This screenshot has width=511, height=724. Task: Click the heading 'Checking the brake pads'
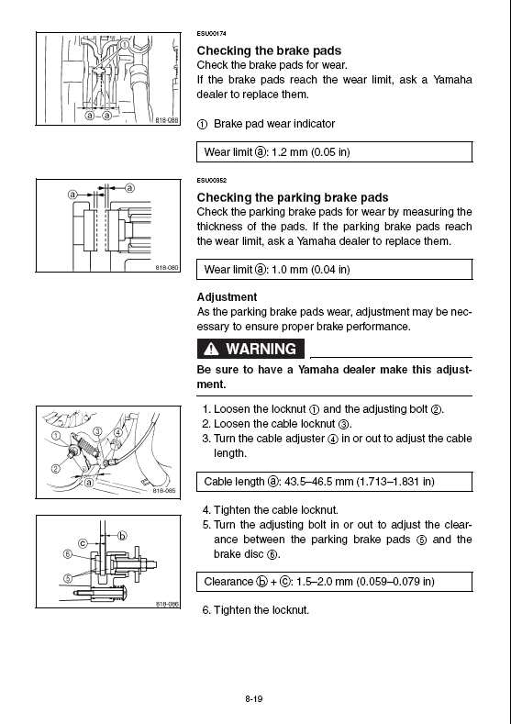click(269, 50)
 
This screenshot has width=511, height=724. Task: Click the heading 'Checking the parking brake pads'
click(293, 197)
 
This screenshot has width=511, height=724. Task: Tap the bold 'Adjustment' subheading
click(227, 297)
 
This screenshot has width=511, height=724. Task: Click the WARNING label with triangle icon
click(250, 349)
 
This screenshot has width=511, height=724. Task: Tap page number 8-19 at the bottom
click(254, 699)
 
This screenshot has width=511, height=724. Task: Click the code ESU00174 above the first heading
click(211, 34)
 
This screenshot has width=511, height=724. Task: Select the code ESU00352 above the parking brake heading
click(211, 181)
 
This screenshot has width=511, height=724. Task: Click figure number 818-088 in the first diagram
click(167, 120)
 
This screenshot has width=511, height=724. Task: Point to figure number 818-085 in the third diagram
click(164, 491)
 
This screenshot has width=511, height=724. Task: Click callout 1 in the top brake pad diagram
click(124, 44)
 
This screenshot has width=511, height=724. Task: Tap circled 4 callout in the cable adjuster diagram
click(118, 432)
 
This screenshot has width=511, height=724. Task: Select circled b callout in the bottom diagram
click(122, 536)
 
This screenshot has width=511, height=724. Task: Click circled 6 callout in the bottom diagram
click(67, 553)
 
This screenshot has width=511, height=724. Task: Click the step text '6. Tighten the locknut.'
click(256, 610)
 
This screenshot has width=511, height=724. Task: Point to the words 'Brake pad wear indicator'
click(274, 124)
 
